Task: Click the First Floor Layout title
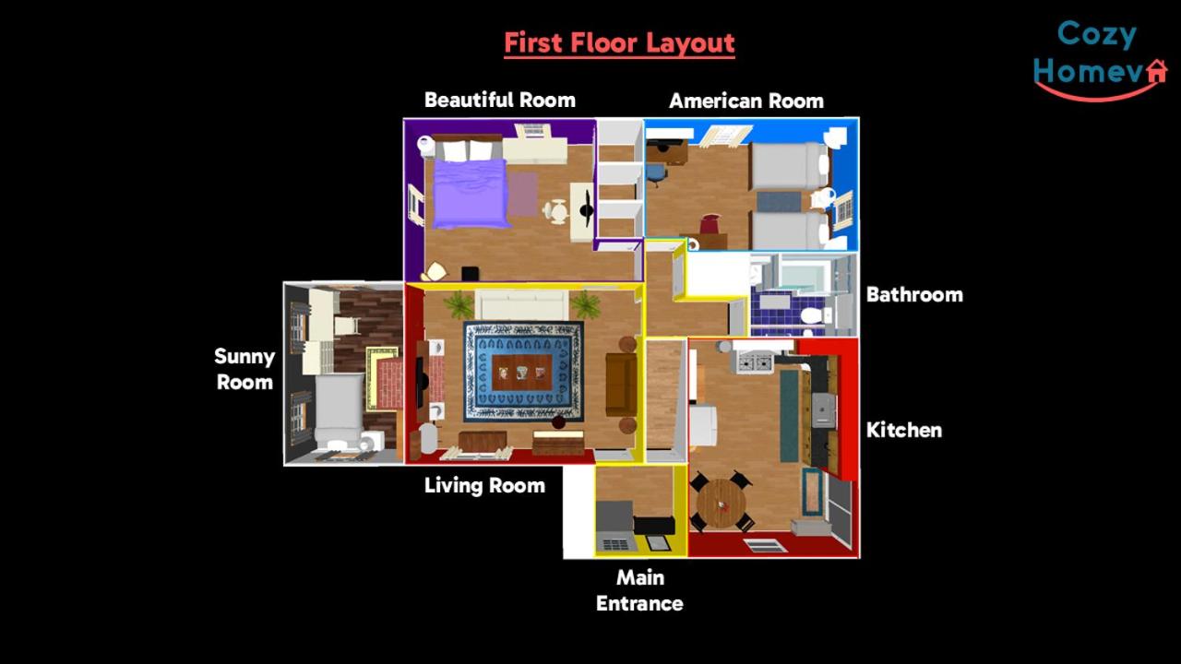619,43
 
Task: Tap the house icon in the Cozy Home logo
1157,72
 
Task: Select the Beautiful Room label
500,101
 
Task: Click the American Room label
746,101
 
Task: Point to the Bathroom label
914,294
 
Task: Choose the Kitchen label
903,430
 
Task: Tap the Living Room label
484,485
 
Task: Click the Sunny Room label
245,369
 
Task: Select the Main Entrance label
639,590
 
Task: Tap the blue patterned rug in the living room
523,372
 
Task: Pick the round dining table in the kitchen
722,503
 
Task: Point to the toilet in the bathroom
814,316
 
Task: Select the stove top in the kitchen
756,363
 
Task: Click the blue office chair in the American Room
656,174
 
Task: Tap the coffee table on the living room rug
522,373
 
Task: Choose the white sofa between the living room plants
522,305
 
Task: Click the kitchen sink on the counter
823,409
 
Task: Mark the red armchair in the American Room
710,223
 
